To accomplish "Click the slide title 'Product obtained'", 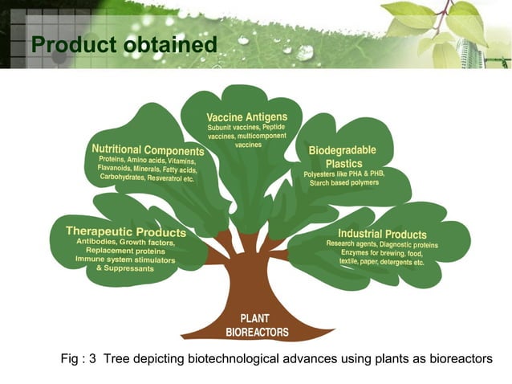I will [x=124, y=45].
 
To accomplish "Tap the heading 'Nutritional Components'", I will [x=148, y=149].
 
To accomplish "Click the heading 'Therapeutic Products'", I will [x=126, y=232].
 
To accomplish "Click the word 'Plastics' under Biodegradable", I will [x=343, y=163].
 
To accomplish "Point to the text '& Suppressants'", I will [x=124, y=268].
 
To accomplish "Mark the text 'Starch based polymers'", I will [x=344, y=183].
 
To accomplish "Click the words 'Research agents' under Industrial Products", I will [x=351, y=243].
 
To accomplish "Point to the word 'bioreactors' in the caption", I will [x=460, y=358].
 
